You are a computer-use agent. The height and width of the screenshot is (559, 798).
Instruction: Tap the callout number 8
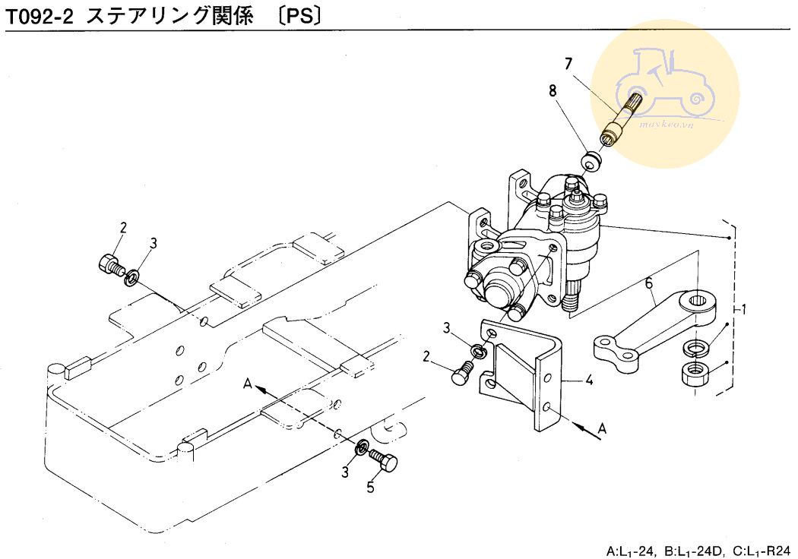[553, 90]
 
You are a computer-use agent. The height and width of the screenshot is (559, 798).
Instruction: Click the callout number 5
[371, 488]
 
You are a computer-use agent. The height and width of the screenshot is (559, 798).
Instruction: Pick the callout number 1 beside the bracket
[744, 310]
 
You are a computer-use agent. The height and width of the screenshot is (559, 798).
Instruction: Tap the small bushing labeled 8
[590, 161]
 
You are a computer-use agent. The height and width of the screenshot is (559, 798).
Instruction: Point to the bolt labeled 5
[384, 460]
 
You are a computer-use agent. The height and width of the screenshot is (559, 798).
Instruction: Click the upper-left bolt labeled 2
[110, 264]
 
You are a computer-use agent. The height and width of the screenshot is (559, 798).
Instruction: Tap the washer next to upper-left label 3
[131, 275]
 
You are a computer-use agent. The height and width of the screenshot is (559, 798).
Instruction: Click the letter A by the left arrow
[247, 384]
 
